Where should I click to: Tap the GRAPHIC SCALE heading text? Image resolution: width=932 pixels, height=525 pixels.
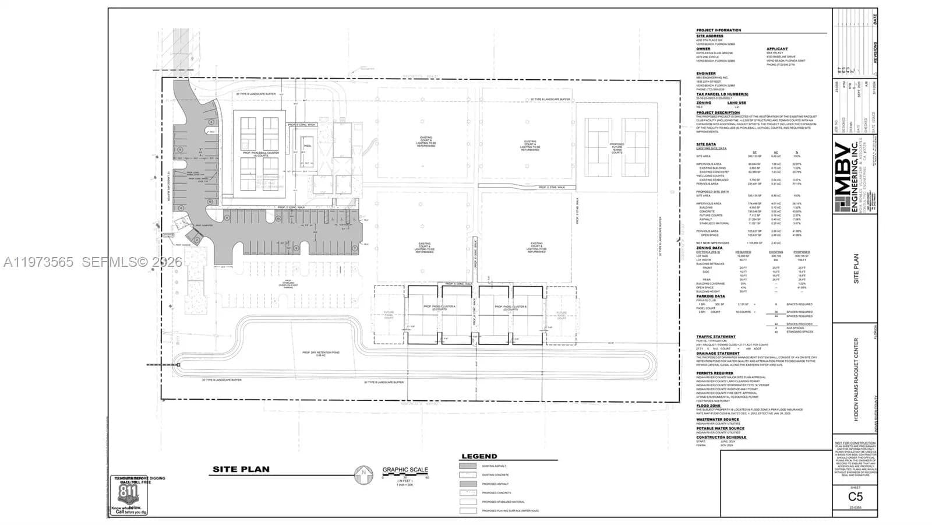[405, 470]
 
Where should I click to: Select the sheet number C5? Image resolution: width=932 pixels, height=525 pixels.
[855, 496]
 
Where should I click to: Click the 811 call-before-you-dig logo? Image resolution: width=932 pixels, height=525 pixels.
[128, 495]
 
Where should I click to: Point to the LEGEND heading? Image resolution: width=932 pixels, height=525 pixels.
[479, 456]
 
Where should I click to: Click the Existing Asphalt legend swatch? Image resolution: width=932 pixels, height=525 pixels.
[468, 466]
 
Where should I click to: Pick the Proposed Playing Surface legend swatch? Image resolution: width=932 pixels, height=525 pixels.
[468, 510]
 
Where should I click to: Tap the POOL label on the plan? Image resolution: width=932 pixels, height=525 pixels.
[308, 146]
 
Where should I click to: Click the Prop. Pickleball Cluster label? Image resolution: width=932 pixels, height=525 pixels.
[261, 154]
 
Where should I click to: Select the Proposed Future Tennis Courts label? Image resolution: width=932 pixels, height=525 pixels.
[617, 148]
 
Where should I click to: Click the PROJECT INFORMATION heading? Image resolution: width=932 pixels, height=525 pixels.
[718, 30]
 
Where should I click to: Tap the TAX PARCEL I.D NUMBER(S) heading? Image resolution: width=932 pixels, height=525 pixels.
[722, 94]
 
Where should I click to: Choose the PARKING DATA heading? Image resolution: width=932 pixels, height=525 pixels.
[711, 296]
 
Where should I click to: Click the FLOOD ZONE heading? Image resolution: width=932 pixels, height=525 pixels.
[708, 406]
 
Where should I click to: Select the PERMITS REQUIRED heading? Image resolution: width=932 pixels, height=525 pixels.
[715, 373]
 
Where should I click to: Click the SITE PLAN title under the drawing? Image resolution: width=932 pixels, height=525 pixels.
[241, 470]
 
